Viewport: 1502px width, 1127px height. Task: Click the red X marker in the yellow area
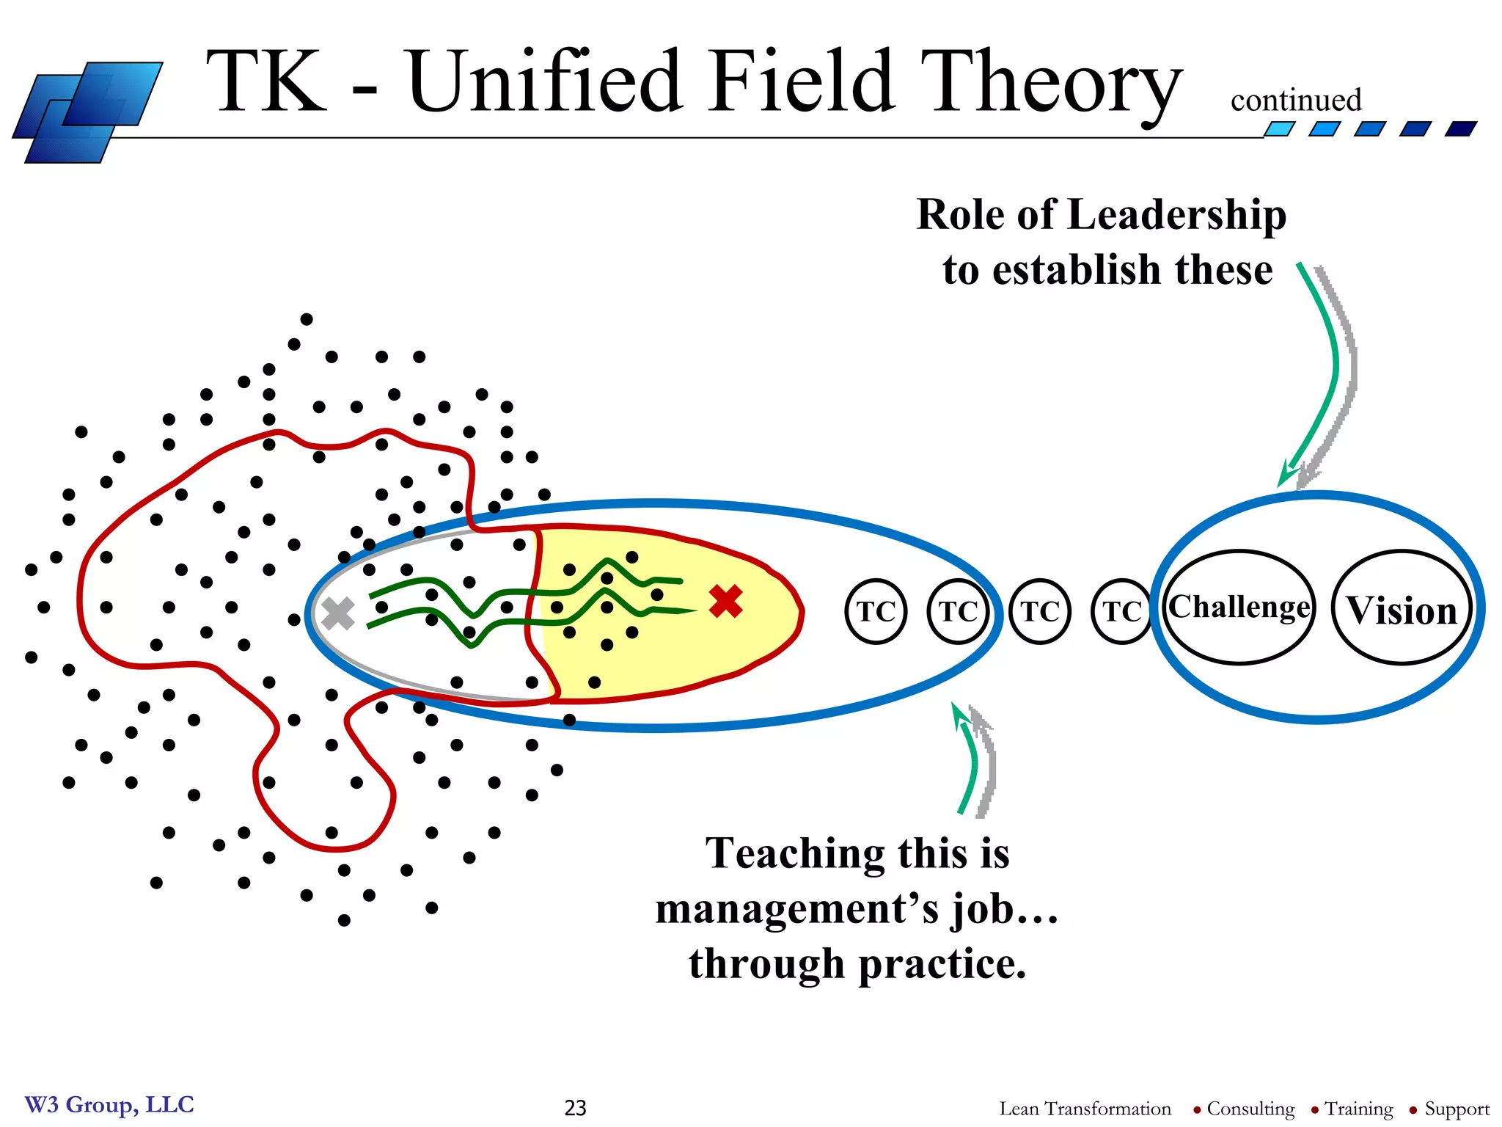coord(726,602)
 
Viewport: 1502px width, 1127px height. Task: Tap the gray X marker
coord(338,613)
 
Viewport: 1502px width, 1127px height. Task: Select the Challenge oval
coord(1239,608)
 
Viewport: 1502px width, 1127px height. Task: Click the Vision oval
coord(1402,609)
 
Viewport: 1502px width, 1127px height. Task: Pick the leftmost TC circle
coord(876,611)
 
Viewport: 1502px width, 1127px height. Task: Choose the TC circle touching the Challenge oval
coord(1121,611)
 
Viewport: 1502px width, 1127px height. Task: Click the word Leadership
coord(1176,216)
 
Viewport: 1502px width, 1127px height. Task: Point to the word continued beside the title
coord(1296,101)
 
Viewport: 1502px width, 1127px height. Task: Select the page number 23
coord(576,1108)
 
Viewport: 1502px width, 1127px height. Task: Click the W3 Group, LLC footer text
coord(109,1105)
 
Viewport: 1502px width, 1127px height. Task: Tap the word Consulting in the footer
coord(1250,1109)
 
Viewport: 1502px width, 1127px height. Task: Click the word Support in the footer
coord(1457,1109)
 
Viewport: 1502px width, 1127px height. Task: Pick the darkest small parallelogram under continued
coord(1460,129)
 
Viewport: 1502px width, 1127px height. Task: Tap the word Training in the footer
coord(1358,1109)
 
